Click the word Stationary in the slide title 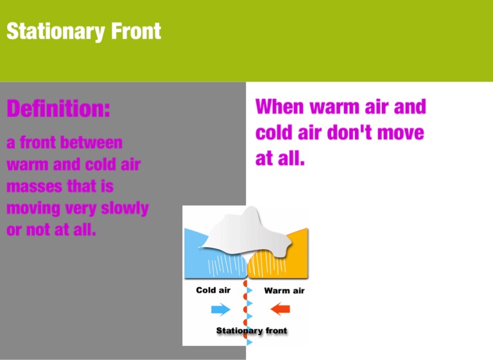56,31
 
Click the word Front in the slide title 136,31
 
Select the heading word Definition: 58,108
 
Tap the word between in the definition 92,142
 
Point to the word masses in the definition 34,186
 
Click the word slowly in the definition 125,209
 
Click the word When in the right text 280,107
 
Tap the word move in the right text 401,133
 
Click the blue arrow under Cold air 221,309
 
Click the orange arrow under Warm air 280,309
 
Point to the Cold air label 213,290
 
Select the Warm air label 284,291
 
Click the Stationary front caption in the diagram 252,330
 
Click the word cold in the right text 274,132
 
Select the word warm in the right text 334,107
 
